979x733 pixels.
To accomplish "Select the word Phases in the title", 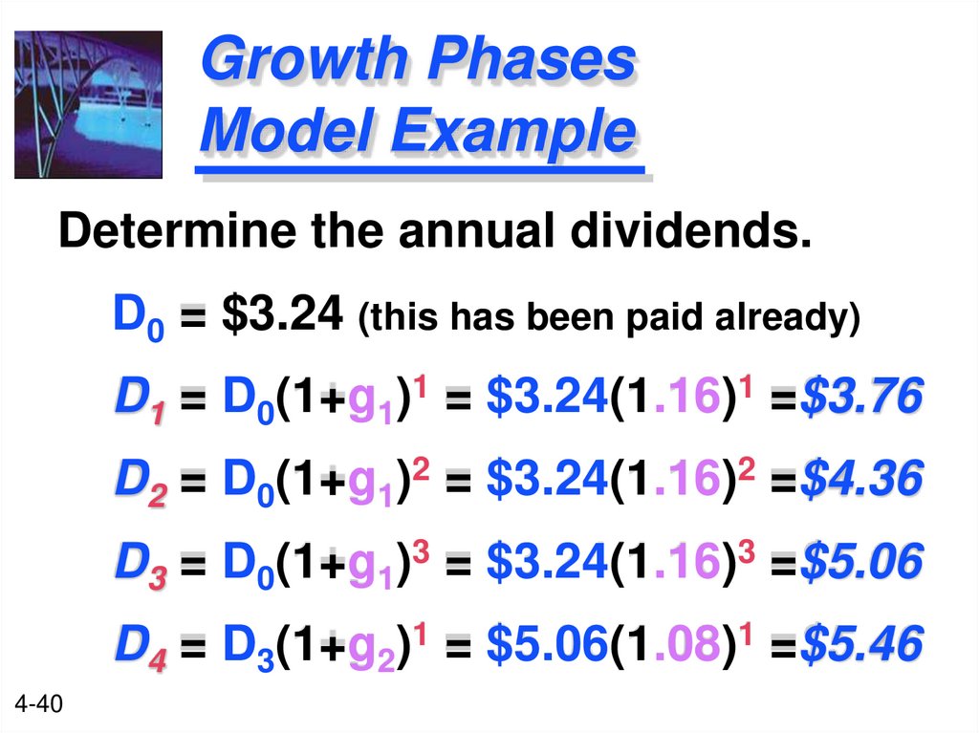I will pos(530,60).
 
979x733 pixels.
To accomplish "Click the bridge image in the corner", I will pos(88,104).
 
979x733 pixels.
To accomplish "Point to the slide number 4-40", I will pos(39,706).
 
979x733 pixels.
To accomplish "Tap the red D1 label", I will pos(140,398).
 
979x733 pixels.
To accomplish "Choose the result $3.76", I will pos(861,396).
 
